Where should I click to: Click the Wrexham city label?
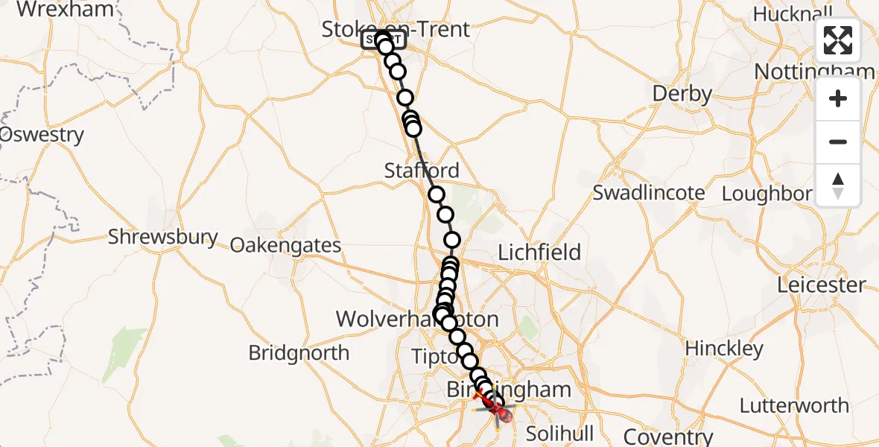(x=66, y=10)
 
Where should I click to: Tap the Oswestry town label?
(x=42, y=136)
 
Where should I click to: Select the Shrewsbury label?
(x=163, y=238)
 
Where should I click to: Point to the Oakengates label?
(x=285, y=245)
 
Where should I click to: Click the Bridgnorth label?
(x=299, y=352)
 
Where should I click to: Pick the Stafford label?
(x=422, y=170)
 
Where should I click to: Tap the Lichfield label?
(x=539, y=253)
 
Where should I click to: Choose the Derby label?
(x=682, y=94)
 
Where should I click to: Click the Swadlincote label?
(x=648, y=193)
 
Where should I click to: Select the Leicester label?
(x=822, y=285)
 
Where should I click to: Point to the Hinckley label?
(x=724, y=349)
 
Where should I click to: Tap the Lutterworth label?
(x=794, y=406)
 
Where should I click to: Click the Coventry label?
(x=668, y=436)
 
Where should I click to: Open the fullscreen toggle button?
(x=838, y=40)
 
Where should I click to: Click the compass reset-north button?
(x=838, y=186)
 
